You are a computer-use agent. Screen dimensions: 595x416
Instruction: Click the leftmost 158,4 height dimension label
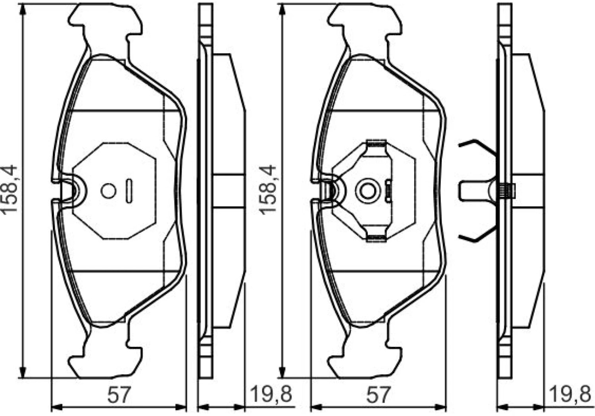(x=9, y=189)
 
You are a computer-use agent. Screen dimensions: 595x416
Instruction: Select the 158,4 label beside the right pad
(x=268, y=189)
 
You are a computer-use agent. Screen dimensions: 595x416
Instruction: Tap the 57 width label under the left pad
(x=119, y=395)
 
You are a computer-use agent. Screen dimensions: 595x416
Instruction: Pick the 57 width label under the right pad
(x=378, y=395)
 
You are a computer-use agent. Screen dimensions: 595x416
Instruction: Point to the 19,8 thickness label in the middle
(x=271, y=394)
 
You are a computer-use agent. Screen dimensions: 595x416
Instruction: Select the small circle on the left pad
(x=108, y=191)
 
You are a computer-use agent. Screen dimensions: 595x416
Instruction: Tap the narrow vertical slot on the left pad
(x=129, y=191)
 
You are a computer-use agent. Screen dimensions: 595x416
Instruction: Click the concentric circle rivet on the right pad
(x=368, y=191)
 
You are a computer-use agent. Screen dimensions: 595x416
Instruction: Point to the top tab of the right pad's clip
(x=376, y=143)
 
